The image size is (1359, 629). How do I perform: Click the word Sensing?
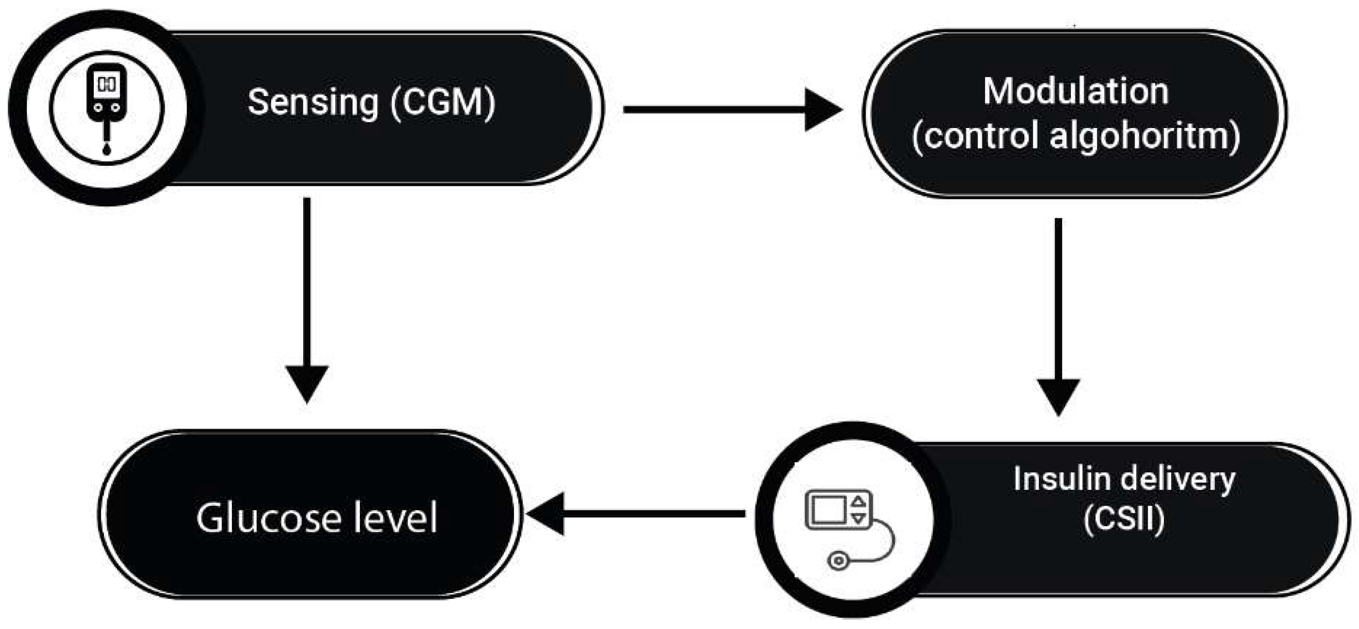[313, 103]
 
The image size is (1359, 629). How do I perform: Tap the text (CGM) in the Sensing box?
[443, 103]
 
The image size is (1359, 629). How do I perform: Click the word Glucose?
[268, 518]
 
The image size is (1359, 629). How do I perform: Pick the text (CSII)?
[1124, 520]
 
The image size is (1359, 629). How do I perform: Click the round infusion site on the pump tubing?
[838, 561]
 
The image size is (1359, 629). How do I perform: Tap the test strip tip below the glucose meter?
[107, 150]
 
